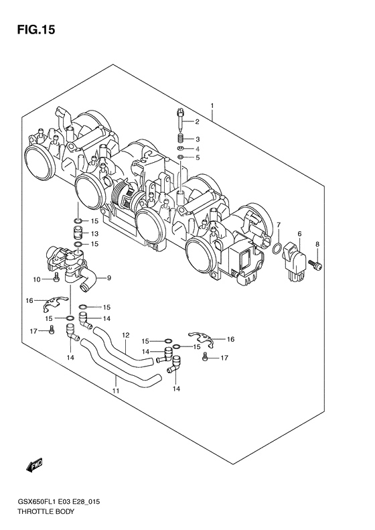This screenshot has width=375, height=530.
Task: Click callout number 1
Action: tap(212, 106)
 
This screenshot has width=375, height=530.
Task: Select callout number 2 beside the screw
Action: tap(198, 122)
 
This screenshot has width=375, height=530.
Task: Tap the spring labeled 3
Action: tap(181, 139)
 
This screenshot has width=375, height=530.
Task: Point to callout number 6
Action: tap(299, 233)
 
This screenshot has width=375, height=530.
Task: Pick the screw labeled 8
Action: tap(317, 267)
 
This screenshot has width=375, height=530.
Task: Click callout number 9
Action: tap(109, 278)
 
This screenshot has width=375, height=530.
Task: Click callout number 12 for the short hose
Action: tap(125, 335)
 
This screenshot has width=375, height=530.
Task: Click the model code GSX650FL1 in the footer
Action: tap(33, 501)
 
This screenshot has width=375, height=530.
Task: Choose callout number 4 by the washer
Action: tap(198, 148)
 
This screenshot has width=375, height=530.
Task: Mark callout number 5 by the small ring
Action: tap(198, 158)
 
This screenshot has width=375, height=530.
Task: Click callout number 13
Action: tap(94, 233)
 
